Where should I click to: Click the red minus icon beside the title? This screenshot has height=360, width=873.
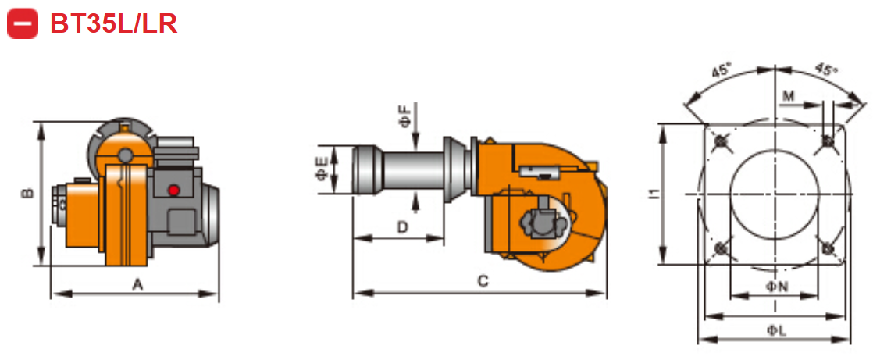(23, 23)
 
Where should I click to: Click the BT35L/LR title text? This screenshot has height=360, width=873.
(113, 23)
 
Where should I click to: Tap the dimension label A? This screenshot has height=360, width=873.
(137, 285)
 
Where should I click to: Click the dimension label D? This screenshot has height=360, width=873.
(402, 227)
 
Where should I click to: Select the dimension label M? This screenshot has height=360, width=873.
(789, 95)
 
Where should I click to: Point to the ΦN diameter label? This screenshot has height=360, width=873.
(775, 287)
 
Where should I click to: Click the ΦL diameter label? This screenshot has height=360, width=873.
(775, 330)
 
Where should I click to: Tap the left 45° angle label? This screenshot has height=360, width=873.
(721, 70)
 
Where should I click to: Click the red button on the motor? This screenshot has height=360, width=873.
(173, 190)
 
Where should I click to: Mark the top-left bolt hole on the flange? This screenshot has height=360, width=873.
(721, 142)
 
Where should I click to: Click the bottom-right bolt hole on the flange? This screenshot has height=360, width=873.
(828, 248)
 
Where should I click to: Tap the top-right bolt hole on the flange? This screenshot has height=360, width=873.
(828, 142)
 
